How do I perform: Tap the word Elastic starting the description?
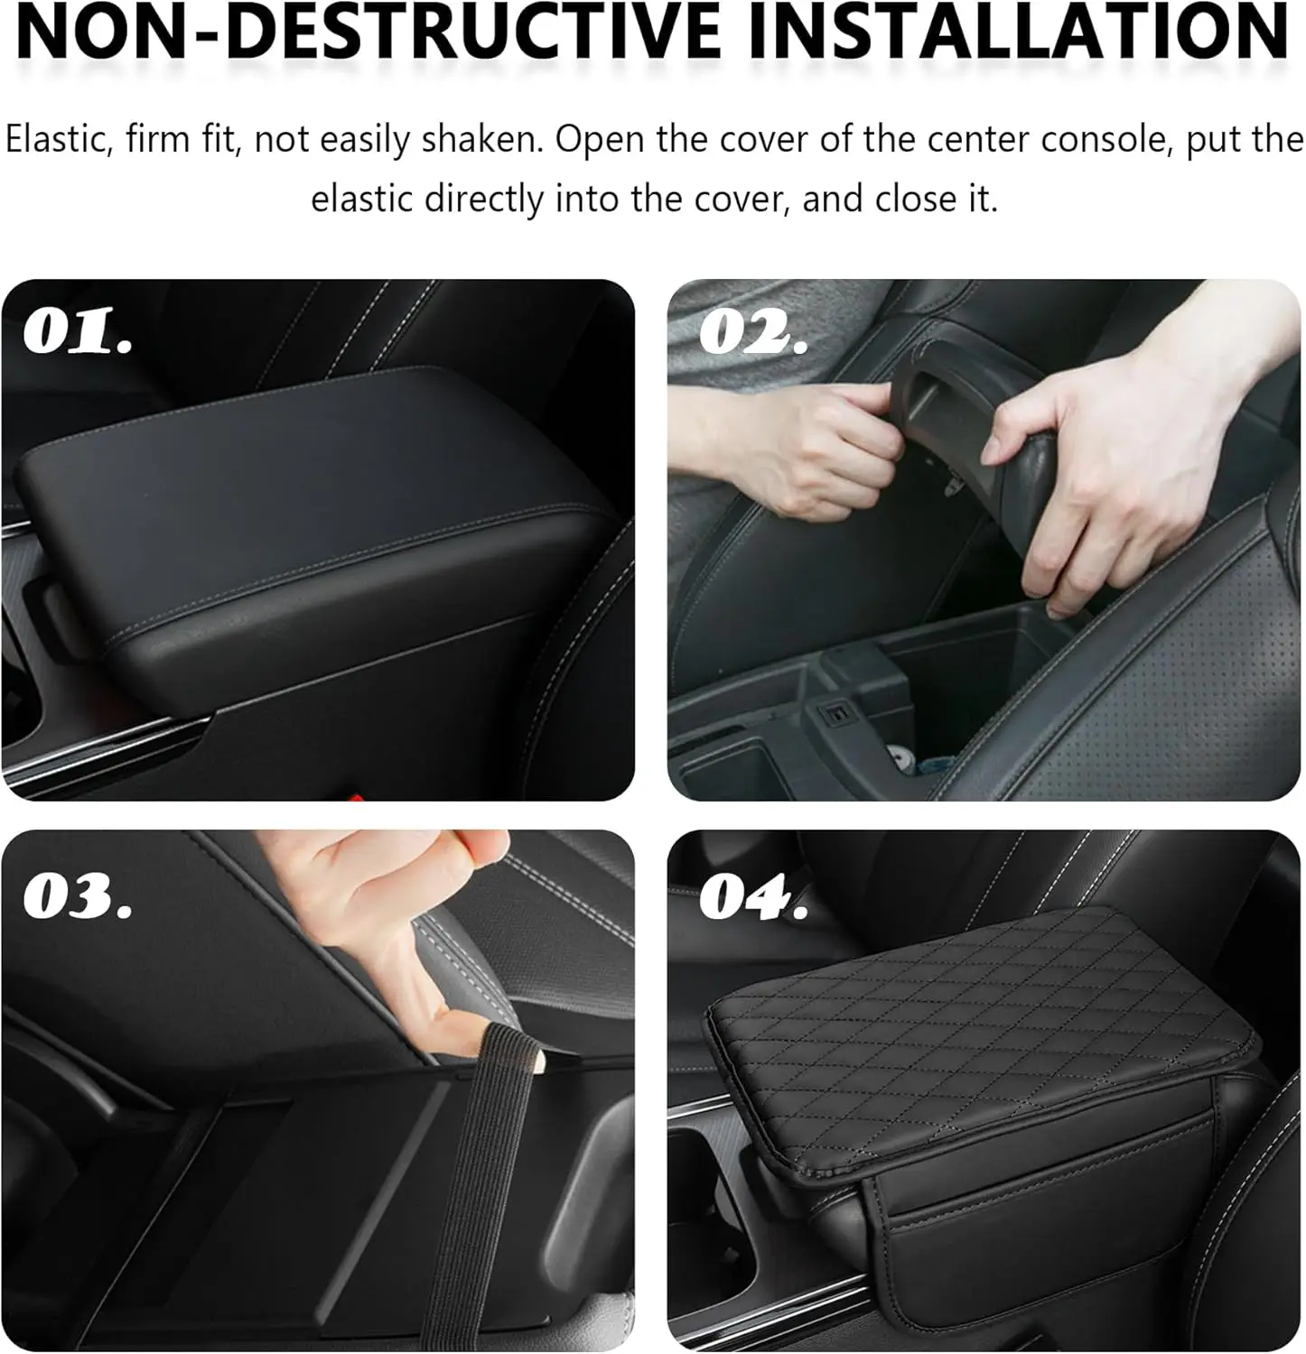[x=57, y=141]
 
